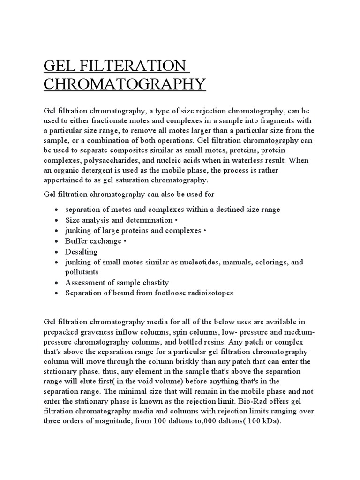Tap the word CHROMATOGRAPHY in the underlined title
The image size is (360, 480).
(x=118, y=84)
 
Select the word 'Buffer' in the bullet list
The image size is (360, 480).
(x=76, y=241)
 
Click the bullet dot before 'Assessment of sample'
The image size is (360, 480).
(x=56, y=283)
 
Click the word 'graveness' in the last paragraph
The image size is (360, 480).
(x=95, y=332)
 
